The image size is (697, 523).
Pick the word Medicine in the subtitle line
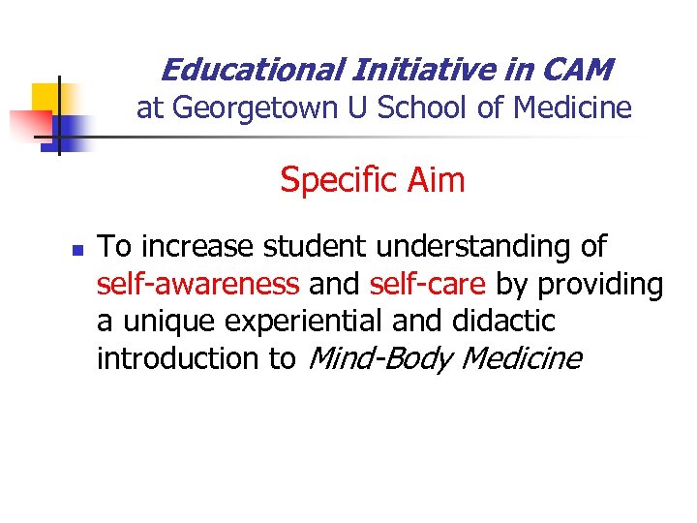572,109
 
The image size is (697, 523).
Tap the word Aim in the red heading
436,180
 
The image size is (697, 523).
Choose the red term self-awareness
197,285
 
